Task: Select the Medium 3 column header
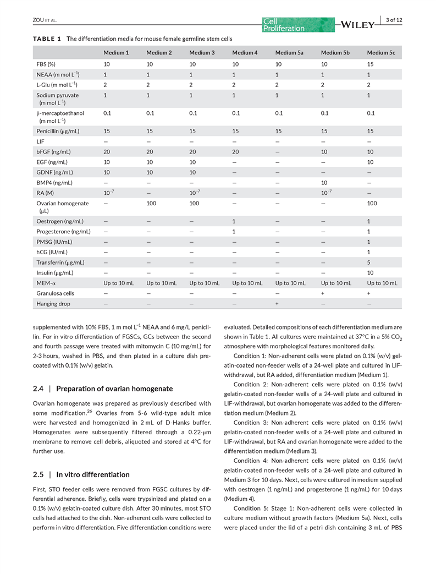tap(202, 53)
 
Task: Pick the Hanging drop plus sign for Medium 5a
tap(277, 303)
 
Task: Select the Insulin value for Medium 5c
tap(370, 272)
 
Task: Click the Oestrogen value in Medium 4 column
tap(234, 221)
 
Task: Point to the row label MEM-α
tap(46, 283)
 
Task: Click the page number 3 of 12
tap(394, 20)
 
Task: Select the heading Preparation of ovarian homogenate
tap(114, 389)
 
